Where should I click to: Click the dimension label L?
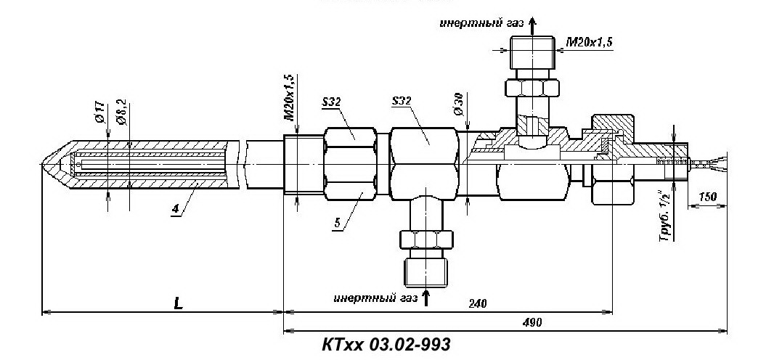click(x=178, y=303)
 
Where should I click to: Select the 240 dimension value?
click(x=477, y=303)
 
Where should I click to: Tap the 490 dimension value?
click(x=532, y=322)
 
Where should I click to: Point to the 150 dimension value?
click(x=707, y=197)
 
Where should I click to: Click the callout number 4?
click(x=176, y=209)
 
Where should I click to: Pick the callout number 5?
click(x=338, y=224)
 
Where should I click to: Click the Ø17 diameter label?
click(x=99, y=112)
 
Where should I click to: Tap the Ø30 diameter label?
click(x=460, y=104)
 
